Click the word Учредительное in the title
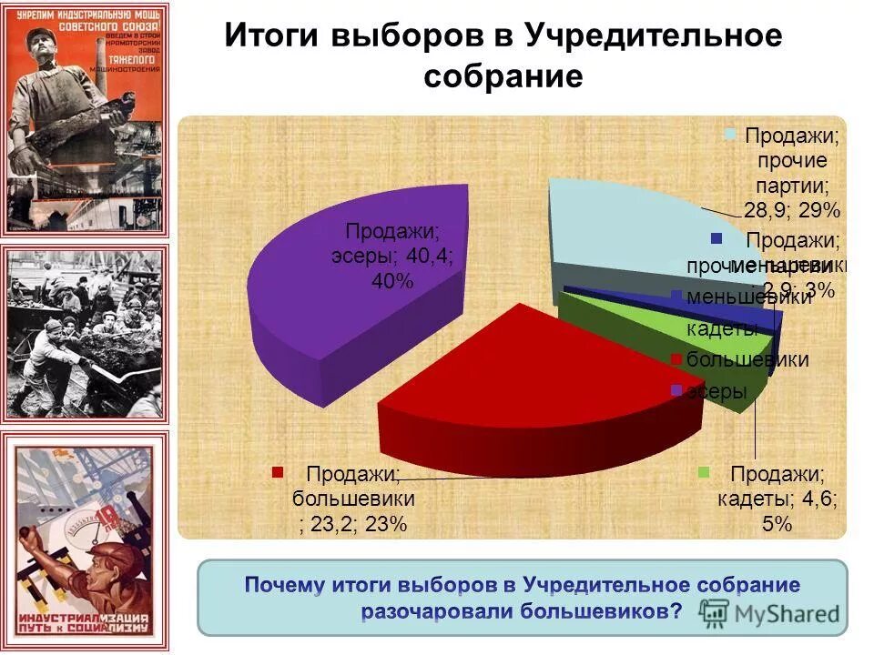(x=653, y=36)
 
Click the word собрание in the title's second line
(x=503, y=76)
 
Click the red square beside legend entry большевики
(x=676, y=359)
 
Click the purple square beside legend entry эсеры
(x=676, y=391)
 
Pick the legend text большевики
(x=747, y=359)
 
